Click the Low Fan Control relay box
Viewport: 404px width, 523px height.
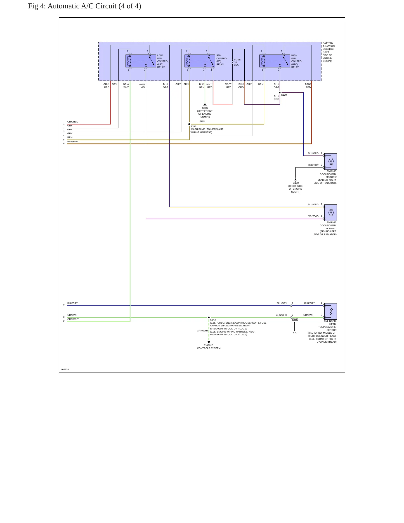141,61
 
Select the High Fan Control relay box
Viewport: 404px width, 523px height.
275,61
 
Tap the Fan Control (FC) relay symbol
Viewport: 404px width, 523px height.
200,61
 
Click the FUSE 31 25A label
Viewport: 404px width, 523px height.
237,62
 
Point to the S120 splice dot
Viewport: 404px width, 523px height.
280,93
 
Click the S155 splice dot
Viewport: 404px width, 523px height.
189,124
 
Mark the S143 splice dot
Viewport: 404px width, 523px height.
209,317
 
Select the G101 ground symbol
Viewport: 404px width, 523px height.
205,105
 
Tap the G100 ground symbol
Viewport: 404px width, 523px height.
296,180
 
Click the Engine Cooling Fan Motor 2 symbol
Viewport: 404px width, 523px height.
330,161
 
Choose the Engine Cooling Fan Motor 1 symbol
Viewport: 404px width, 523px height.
330,213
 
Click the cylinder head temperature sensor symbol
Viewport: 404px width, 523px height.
330,311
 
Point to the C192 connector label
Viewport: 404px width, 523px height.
295,319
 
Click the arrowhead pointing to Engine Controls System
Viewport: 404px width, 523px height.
209,342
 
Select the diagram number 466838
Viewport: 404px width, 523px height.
65,369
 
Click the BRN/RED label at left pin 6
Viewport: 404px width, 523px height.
73,142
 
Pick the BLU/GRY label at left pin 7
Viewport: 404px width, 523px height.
72,303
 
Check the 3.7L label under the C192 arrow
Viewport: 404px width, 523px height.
295,333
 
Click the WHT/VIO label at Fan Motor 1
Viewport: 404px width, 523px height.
313,216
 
